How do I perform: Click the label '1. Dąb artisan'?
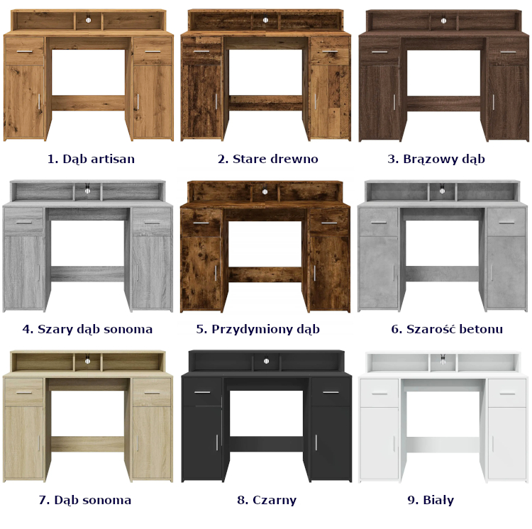pyautogui.click(x=91, y=159)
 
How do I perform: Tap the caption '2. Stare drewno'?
pyautogui.click(x=268, y=159)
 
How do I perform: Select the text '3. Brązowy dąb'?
pyautogui.click(x=436, y=159)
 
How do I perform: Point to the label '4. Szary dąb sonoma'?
pyautogui.click(x=87, y=329)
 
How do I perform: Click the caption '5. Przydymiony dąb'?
pyautogui.click(x=258, y=329)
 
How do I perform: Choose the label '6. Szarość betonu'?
pyautogui.click(x=447, y=329)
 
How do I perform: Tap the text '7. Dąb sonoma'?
pyautogui.click(x=85, y=500)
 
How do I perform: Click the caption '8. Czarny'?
pyautogui.click(x=267, y=500)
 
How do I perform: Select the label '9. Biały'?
pyautogui.click(x=431, y=500)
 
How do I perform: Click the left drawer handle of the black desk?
pyautogui.click(x=203, y=392)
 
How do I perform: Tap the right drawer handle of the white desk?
pyautogui.click(x=507, y=394)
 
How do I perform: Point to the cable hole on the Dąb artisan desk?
pyautogui.click(x=88, y=21)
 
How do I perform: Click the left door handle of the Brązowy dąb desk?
pyautogui.click(x=394, y=102)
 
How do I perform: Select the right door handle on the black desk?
pyautogui.click(x=316, y=442)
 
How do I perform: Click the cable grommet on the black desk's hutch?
pyautogui.click(x=266, y=361)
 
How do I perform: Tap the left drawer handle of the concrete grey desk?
pyautogui.click(x=379, y=223)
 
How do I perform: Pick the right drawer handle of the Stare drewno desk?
pyautogui.click(x=330, y=51)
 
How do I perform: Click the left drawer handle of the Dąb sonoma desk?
pyautogui.click(x=23, y=393)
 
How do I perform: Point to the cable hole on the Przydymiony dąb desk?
pyautogui.click(x=265, y=192)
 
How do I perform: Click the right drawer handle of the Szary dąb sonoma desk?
pyautogui.click(x=152, y=223)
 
